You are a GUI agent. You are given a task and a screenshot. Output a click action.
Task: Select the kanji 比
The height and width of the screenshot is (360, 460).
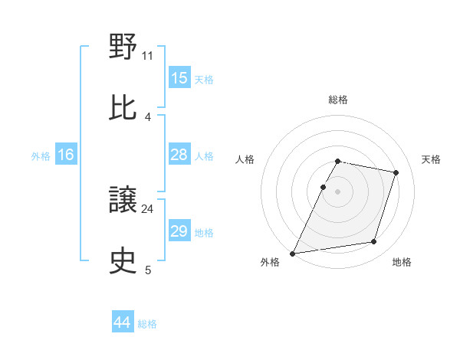123,107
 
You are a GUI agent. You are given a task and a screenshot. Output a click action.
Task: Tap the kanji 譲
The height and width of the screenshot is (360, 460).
123,200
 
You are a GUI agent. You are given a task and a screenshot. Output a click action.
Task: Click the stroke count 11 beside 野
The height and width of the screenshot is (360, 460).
148,56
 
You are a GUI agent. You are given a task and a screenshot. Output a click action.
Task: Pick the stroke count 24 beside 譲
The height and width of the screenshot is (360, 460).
148,208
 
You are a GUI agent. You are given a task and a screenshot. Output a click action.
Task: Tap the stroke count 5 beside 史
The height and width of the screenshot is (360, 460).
148,269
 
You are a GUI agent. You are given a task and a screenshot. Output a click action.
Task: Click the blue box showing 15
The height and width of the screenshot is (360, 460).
179,78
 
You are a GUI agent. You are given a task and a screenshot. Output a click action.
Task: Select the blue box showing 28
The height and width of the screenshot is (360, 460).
179,155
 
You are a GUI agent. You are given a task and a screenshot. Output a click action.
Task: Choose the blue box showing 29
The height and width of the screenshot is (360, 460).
179,231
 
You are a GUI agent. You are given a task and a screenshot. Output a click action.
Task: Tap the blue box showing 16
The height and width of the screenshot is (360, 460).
66,155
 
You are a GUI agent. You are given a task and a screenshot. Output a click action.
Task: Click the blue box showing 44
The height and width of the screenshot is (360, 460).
123,323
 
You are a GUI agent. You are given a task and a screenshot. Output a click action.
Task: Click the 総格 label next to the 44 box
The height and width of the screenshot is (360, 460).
147,324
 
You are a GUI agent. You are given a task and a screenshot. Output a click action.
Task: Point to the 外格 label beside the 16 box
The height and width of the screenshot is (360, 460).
41,155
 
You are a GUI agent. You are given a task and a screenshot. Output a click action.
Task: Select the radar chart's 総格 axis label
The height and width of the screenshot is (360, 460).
337,100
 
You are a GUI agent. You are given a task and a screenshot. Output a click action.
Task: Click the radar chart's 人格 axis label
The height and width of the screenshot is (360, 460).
245,159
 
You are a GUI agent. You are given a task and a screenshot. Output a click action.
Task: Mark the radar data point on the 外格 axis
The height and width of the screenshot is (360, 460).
293,253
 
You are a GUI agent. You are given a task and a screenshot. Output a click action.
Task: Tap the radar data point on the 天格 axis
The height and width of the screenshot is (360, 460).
396,172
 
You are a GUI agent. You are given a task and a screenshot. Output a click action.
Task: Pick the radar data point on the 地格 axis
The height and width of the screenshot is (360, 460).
374,242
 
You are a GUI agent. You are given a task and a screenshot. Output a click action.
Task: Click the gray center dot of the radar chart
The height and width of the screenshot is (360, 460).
337,191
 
